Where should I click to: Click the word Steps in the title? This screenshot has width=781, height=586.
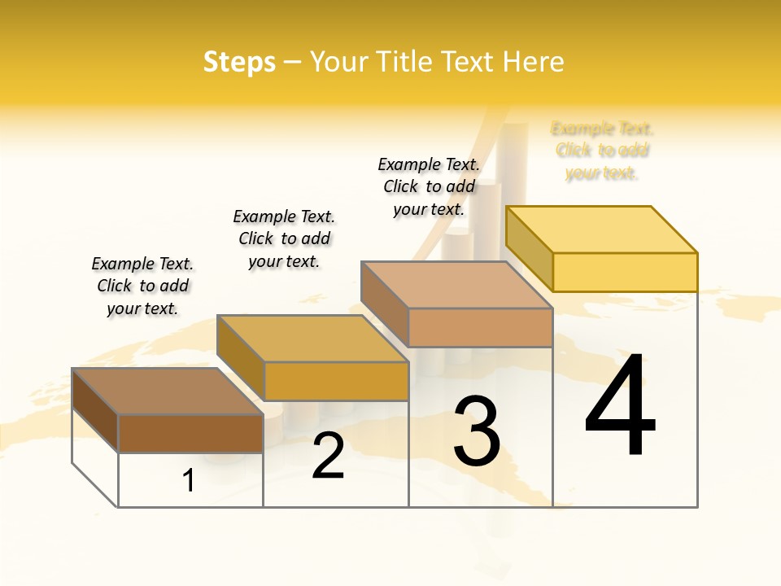[x=239, y=62]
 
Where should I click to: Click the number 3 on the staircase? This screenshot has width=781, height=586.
[x=477, y=431]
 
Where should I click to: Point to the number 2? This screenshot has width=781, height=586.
[x=329, y=456]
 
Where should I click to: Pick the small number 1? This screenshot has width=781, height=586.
[x=189, y=480]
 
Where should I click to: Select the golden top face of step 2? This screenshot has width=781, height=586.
[x=312, y=339]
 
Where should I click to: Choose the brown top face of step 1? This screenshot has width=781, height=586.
[x=168, y=391]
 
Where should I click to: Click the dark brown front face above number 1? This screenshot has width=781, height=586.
[x=190, y=433]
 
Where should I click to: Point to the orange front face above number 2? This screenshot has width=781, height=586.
[x=336, y=381]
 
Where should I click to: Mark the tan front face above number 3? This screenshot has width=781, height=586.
[x=480, y=327]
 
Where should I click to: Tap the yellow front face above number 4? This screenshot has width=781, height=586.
[x=625, y=272]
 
